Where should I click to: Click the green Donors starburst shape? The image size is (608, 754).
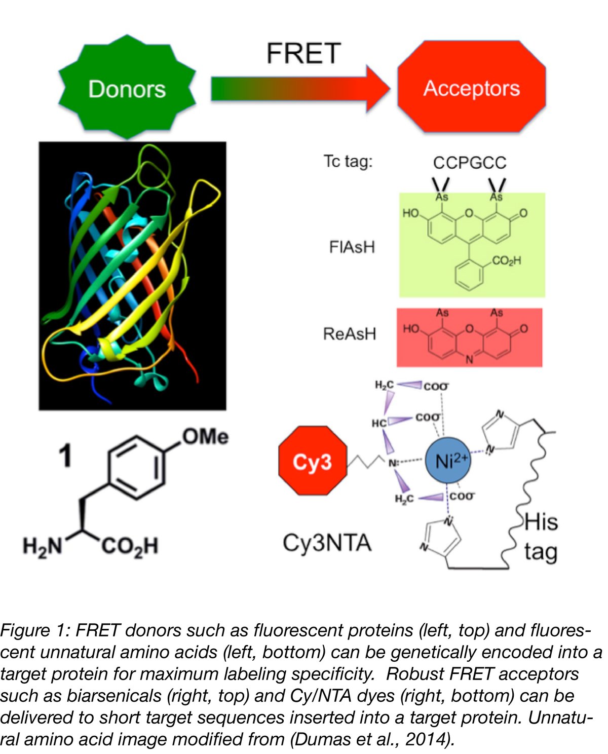(127, 87)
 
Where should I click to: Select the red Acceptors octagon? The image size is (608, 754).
(471, 87)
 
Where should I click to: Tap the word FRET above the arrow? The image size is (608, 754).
(303, 53)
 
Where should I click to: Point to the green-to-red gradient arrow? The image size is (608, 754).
(299, 89)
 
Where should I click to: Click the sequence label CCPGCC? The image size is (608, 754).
(469, 163)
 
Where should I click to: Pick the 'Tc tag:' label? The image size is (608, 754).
(348, 161)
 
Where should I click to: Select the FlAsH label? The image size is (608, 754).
(352, 247)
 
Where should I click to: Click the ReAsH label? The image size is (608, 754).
(350, 333)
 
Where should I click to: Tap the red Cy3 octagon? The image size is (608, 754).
(313, 461)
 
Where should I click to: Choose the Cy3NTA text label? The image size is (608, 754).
(327, 543)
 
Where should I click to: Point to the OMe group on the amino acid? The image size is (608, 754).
(205, 436)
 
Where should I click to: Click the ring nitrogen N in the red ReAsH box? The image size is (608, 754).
(469, 359)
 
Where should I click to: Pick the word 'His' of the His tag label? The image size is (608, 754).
(541, 522)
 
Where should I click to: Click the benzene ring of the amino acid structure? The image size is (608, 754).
(136, 467)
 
